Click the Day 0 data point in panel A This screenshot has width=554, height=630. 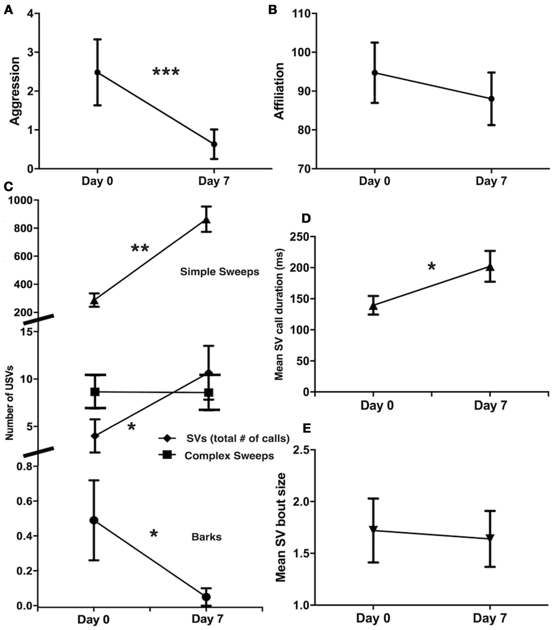[97, 72]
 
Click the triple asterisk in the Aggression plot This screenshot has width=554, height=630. [166, 72]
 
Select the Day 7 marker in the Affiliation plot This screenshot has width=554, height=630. [491, 99]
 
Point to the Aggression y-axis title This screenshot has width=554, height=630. [15, 91]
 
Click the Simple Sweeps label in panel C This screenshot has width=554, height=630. [219, 272]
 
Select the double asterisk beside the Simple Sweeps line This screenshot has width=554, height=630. [140, 248]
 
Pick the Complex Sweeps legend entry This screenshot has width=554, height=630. [229, 456]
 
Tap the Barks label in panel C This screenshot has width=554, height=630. [207, 537]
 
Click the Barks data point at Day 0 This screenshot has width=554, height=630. [94, 520]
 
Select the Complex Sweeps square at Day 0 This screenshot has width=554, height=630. [95, 392]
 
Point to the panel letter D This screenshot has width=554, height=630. [306, 219]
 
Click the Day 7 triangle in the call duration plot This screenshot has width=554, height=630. [490, 267]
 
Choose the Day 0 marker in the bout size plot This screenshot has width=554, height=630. [373, 529]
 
